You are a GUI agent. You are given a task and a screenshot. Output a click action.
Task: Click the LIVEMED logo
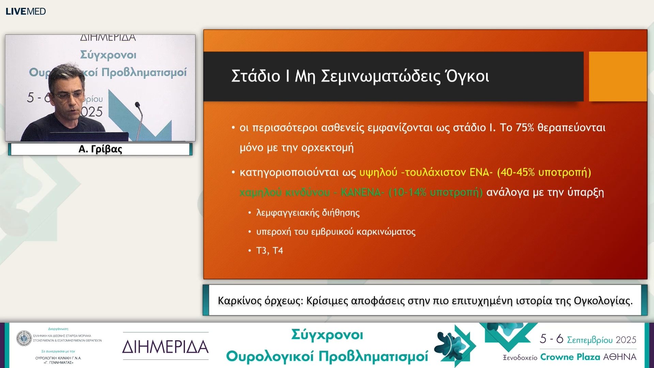tap(26, 11)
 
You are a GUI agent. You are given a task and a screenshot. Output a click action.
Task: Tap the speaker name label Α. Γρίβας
tap(100, 149)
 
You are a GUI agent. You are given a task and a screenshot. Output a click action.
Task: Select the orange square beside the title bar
tap(618, 76)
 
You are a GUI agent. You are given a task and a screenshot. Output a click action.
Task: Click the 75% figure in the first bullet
tap(525, 127)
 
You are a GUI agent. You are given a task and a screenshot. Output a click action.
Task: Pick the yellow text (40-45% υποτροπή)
tap(544, 172)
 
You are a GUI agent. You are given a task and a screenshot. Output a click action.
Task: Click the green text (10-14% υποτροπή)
tap(435, 193)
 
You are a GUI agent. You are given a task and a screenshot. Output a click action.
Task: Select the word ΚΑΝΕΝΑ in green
tap(361, 193)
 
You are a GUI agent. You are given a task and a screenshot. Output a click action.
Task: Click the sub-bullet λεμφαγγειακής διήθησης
tap(308, 213)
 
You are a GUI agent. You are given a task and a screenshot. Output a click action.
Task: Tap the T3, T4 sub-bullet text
tap(269, 251)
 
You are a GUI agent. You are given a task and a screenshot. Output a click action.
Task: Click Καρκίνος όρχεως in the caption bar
tap(260, 301)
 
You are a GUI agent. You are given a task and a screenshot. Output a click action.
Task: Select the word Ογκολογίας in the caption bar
tap(603, 301)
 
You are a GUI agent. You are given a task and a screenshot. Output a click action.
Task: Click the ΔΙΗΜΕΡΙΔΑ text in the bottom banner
tap(165, 347)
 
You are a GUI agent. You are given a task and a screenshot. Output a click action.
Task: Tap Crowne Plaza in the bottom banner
tap(570, 357)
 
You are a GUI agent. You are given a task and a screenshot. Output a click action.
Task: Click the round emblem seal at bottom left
tap(24, 338)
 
